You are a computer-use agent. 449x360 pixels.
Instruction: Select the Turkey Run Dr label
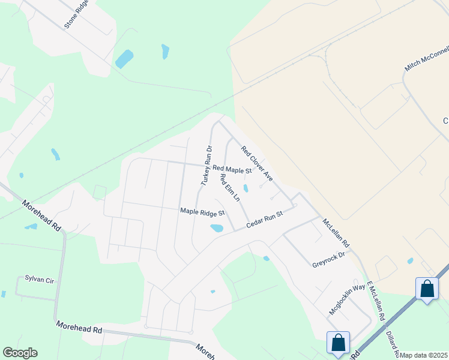tap(205, 165)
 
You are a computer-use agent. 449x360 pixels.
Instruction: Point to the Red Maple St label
tap(232, 170)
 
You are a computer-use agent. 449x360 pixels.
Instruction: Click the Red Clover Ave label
tap(257, 163)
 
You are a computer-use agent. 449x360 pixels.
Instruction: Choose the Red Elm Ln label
tap(230, 187)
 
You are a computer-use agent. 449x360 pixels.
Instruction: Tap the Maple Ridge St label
tap(202, 212)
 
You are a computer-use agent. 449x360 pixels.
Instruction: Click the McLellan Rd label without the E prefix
tap(336, 233)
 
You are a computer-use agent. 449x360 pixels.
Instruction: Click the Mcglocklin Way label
tap(347, 299)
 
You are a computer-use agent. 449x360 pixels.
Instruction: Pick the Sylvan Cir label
tap(39, 278)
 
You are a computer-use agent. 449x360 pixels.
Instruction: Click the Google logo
tap(20, 353)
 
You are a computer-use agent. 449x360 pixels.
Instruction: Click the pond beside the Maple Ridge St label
tap(216, 228)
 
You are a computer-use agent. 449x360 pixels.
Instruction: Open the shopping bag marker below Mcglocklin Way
tap(339, 343)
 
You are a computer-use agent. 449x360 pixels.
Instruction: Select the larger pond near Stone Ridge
tap(124, 59)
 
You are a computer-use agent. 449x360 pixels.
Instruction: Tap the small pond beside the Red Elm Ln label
tap(245, 188)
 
